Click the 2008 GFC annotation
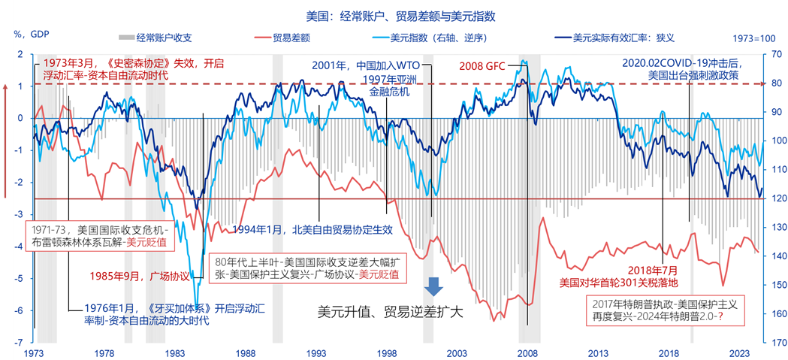[x=482, y=65]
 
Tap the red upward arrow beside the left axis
[x=6, y=139]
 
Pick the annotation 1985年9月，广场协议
[x=140, y=276]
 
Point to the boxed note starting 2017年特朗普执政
[x=664, y=310]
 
